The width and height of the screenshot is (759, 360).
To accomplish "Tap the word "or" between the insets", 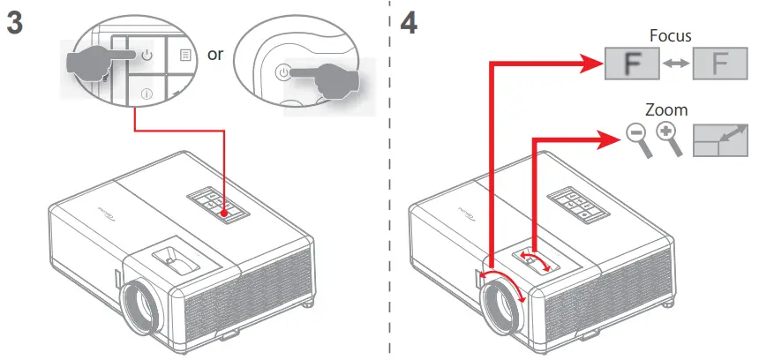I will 216,55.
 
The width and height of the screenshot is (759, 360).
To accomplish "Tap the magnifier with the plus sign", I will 668,137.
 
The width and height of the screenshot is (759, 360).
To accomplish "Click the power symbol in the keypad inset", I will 147,56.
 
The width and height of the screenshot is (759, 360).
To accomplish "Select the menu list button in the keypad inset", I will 184,55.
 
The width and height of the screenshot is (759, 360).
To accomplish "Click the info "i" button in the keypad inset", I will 147,93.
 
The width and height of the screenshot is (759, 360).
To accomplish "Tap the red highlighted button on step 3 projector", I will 227,212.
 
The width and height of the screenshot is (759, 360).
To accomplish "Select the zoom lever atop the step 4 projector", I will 532,258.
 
